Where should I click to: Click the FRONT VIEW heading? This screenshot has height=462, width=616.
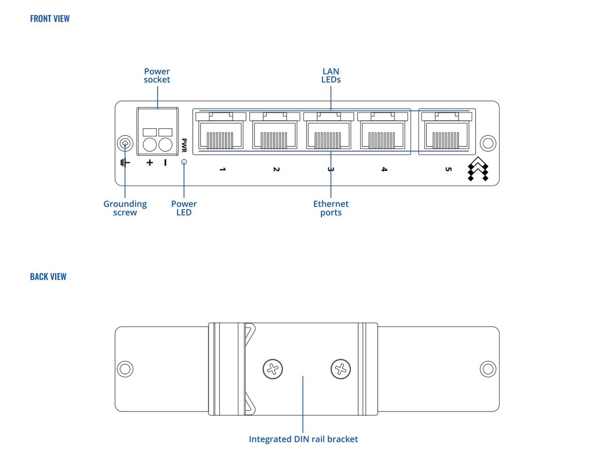pos(50,18)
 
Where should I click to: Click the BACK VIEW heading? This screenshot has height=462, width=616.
pos(48,276)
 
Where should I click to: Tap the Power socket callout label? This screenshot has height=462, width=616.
pos(157,75)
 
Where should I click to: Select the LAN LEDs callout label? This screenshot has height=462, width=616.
pos(331,75)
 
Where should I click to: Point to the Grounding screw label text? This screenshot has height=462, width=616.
pos(125,208)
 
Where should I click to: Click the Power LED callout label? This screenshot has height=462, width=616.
pos(184,208)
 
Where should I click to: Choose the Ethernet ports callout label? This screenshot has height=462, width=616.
pos(331,208)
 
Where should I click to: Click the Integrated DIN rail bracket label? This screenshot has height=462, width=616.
pos(303,439)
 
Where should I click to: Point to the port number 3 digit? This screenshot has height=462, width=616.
pos(331,169)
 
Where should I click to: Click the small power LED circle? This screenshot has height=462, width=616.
pos(184,162)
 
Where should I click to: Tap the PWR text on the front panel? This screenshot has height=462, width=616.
pos(184,145)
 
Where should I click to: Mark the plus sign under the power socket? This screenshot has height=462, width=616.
pos(150,163)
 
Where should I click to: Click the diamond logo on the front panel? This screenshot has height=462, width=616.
pos(478,169)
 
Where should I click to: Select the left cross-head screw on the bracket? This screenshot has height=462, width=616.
pos(273,369)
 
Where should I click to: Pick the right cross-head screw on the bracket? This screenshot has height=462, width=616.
pos(341,369)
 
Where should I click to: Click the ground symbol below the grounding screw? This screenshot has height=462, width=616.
pos(125,163)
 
